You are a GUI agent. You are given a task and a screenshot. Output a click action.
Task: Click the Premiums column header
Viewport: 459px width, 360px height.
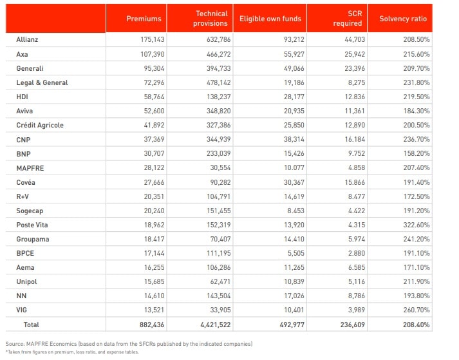click(x=144, y=19)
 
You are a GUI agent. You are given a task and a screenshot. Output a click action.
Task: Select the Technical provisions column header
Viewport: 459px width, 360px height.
click(x=211, y=19)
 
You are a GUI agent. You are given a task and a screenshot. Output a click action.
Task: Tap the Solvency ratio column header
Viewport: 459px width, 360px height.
click(x=403, y=19)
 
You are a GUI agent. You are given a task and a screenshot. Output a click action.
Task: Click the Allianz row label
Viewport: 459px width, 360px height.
click(x=28, y=40)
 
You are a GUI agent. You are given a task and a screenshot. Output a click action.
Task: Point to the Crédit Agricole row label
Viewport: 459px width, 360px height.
click(x=40, y=126)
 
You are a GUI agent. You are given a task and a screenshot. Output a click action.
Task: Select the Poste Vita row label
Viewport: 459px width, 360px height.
click(x=33, y=225)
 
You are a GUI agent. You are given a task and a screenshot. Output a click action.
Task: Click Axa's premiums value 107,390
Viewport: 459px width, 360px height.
click(x=149, y=54)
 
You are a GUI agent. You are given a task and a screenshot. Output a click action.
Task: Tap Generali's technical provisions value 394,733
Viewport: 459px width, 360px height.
click(x=215, y=68)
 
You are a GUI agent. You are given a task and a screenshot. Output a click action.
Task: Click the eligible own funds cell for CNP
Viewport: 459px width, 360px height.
click(x=288, y=140)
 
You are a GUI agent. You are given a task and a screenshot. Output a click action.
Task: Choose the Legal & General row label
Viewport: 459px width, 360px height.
click(x=42, y=82)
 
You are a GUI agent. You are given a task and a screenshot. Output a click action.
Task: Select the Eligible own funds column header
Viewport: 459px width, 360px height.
click(x=270, y=19)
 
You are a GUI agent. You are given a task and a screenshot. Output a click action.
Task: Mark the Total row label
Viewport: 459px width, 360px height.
click(x=32, y=325)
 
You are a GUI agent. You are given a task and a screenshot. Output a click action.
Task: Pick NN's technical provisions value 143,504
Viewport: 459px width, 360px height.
click(x=215, y=296)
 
